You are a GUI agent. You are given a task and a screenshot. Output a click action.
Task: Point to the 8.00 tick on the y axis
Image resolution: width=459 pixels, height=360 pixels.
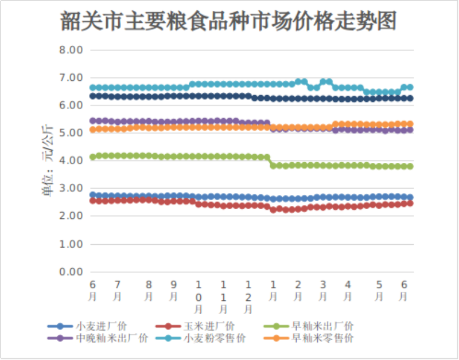[72, 50]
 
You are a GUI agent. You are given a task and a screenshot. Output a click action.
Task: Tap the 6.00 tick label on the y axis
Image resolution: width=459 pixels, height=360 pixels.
[72, 105]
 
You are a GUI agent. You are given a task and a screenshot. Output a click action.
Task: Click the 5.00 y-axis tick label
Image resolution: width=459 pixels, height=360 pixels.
[72, 133]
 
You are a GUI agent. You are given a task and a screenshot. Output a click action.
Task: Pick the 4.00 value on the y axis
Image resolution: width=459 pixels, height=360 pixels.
[72, 161]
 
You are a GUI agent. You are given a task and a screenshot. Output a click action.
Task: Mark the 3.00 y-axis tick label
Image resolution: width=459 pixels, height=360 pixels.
[72, 189]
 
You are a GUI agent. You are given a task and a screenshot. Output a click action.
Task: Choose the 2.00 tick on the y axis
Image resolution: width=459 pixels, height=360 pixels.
[72, 216]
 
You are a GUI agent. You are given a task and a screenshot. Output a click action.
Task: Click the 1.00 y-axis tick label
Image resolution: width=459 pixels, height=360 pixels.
[72, 244]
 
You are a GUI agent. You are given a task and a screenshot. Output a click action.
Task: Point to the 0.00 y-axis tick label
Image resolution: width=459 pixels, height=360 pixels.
[72, 272]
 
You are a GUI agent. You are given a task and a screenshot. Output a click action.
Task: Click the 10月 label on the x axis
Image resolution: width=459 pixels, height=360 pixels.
[199, 296]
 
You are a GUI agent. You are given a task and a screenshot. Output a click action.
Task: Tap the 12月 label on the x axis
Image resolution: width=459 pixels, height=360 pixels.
[248, 296]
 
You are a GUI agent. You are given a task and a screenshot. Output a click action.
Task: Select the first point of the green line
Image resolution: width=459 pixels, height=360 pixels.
[92, 157]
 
